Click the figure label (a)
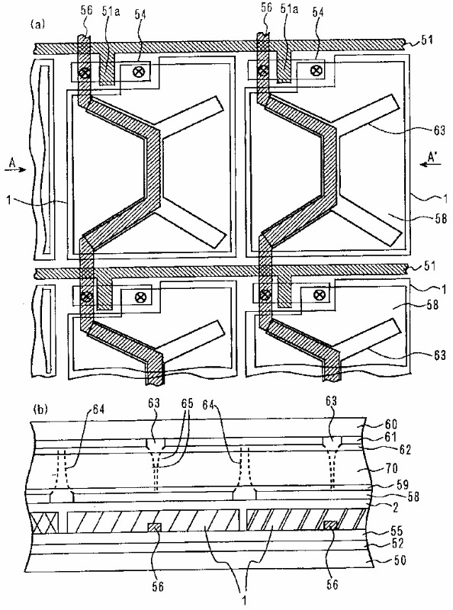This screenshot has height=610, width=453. [x=37, y=25]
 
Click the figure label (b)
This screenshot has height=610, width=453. [x=41, y=409]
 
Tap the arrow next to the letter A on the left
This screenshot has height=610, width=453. [x=15, y=169]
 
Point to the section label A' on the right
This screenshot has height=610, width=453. [x=432, y=157]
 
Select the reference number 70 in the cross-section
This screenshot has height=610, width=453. [x=390, y=467]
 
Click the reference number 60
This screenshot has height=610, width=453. [x=390, y=424]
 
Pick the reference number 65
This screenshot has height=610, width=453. [x=187, y=403]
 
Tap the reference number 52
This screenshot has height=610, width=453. [x=396, y=543]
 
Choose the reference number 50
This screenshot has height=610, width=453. [x=400, y=560]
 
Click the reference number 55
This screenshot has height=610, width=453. [x=396, y=531]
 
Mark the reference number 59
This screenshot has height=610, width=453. [x=402, y=485]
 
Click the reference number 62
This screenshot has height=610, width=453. [x=405, y=450]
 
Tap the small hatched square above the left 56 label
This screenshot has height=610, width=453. [x=154, y=528]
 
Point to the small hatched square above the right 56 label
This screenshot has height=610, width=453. [x=331, y=525]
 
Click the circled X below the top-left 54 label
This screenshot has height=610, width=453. [x=138, y=71]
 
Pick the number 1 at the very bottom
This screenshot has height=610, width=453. [x=244, y=600]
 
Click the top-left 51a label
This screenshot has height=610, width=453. [x=111, y=11]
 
